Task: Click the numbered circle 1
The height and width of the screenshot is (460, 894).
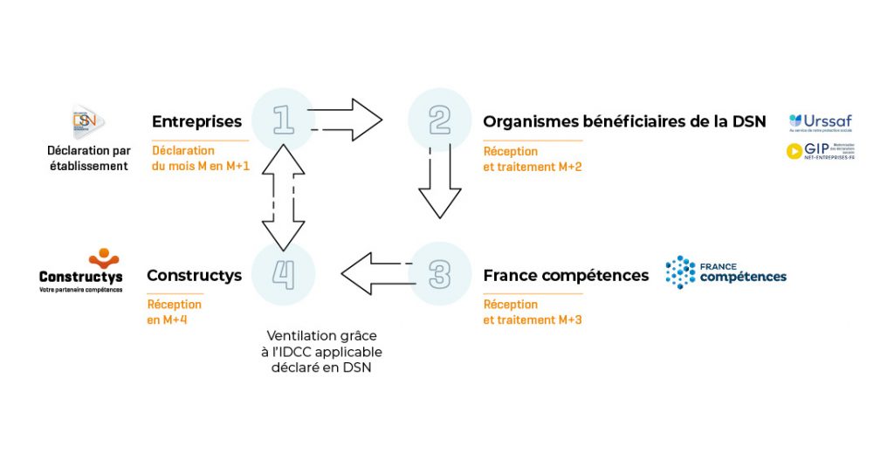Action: pyautogui.click(x=283, y=120)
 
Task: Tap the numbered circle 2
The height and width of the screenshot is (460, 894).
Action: pyautogui.click(x=440, y=120)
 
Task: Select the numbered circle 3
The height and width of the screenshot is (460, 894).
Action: pyautogui.click(x=440, y=273)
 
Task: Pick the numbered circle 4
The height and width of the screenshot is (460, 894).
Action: pyautogui.click(x=283, y=273)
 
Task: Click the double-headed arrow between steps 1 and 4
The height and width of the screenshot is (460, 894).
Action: pyautogui.click(x=282, y=196)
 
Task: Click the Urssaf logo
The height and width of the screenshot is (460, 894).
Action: pyautogui.click(x=820, y=121)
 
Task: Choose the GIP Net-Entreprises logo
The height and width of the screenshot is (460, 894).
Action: pyautogui.click(x=820, y=151)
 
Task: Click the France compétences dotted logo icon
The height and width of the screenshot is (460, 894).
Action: pyautogui.click(x=680, y=272)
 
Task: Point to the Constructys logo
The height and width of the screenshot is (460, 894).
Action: pyautogui.click(x=81, y=271)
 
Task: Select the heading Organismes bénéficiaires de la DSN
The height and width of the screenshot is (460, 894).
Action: pyautogui.click(x=624, y=122)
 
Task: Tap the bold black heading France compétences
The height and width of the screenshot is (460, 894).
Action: pyautogui.click(x=566, y=276)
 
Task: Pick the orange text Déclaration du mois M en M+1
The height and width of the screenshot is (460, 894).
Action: pyautogui.click(x=200, y=158)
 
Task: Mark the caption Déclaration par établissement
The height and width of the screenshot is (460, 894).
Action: pyautogui.click(x=88, y=158)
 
